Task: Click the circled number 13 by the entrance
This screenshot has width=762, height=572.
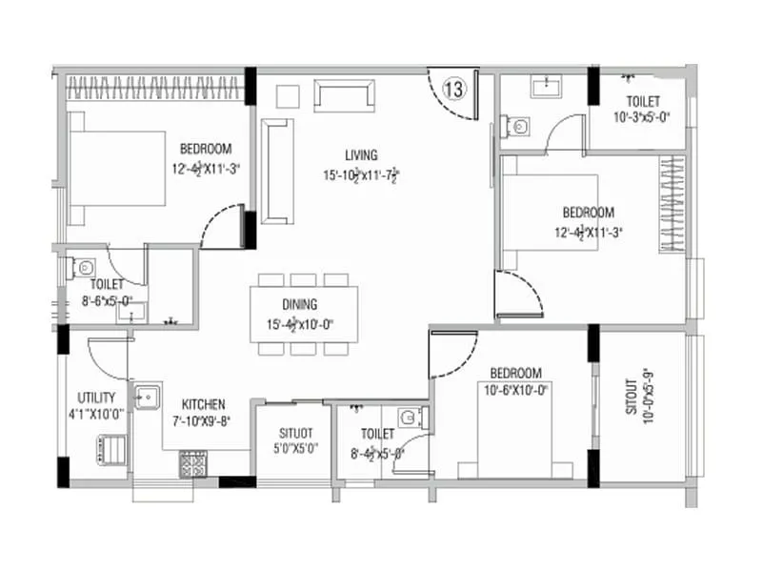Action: coord(454,90)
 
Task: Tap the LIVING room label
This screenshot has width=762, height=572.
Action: coord(362,155)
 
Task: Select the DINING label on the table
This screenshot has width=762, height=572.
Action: coord(299,305)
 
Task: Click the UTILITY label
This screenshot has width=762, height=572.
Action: coord(96,398)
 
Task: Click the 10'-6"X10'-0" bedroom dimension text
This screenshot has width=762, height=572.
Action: coord(516,389)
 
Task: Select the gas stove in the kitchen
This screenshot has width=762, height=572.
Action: coord(193,463)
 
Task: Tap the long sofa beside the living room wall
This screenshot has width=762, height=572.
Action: coord(276,172)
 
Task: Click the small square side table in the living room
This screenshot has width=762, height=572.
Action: coord(288,95)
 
